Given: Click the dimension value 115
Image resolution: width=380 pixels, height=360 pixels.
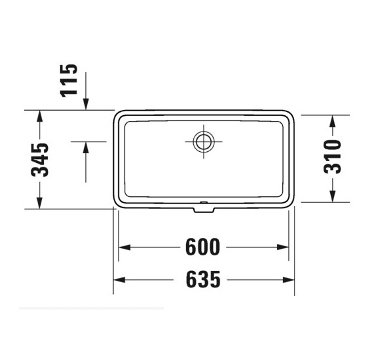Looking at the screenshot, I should click(69, 79).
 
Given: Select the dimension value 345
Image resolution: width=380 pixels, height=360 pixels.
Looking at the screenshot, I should click(41, 160).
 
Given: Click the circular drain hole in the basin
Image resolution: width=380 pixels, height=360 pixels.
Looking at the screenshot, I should click(202, 140).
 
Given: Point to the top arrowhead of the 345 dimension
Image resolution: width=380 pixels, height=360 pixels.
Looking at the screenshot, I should click(41, 117).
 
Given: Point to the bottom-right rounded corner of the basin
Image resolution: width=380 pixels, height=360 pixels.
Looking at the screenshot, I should click(290, 202).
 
